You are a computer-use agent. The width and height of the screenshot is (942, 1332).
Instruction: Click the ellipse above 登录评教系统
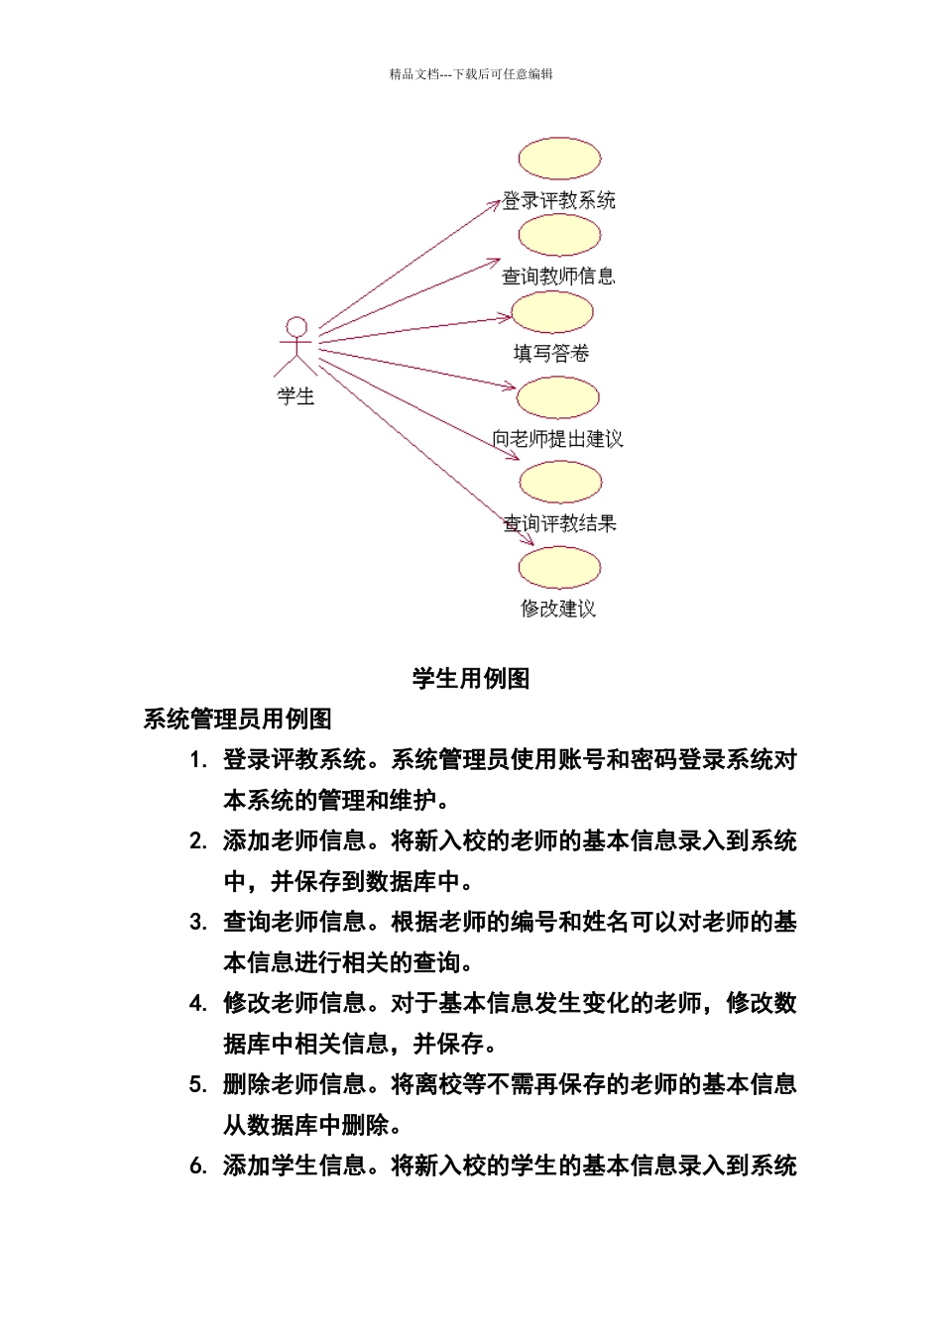[559, 159]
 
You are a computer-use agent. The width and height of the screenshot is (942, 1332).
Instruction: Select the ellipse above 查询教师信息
[559, 235]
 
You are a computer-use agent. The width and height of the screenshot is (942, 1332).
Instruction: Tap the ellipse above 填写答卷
[552, 312]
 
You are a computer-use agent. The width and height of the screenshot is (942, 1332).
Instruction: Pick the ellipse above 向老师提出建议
[558, 397]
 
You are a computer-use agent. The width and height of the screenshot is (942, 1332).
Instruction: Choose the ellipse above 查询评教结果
[560, 483]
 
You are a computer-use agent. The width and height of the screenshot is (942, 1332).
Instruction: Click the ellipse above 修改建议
[559, 568]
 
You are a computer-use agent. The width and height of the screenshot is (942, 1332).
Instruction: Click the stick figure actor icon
[295, 346]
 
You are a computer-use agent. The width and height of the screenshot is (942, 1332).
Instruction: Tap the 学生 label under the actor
[295, 396]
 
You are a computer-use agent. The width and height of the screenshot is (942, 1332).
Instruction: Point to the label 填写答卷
[551, 353]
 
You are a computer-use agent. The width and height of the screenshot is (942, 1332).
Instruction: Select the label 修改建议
[558, 609]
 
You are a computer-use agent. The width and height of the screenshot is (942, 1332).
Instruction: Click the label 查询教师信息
[558, 277]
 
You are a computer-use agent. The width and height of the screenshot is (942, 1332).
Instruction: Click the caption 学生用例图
[471, 679]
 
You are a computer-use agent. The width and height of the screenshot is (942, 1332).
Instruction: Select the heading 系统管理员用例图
[237, 720]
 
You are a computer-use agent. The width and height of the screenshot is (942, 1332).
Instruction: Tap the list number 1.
[197, 760]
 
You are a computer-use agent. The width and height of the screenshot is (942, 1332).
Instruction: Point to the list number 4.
[197, 1004]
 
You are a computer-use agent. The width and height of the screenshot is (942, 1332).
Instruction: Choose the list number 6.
[197, 1166]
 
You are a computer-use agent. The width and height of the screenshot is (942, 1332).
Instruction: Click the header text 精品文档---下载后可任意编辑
[471, 74]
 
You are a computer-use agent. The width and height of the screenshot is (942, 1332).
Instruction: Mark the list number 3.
[197, 923]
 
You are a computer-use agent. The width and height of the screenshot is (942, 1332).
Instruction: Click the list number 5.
[197, 1085]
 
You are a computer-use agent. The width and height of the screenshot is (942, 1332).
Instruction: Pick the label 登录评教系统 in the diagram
[558, 200]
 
